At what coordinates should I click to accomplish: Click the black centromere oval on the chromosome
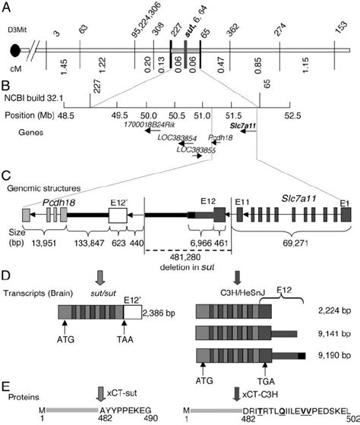pyautogui.click(x=15, y=51)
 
